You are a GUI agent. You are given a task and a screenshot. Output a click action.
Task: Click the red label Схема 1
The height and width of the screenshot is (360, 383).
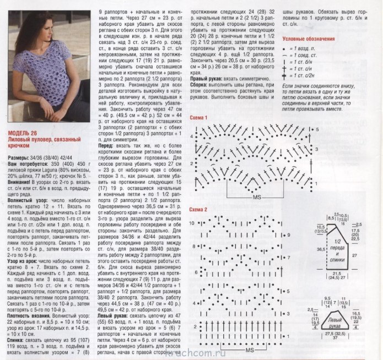coord(198,118)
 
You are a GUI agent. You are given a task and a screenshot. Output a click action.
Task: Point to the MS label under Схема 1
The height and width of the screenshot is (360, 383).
coord(256,197)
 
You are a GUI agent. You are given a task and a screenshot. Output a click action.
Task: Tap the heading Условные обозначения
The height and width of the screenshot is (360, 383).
coord(308,39)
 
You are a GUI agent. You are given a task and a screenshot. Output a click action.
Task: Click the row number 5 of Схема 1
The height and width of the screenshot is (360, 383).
coord(318,128)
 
